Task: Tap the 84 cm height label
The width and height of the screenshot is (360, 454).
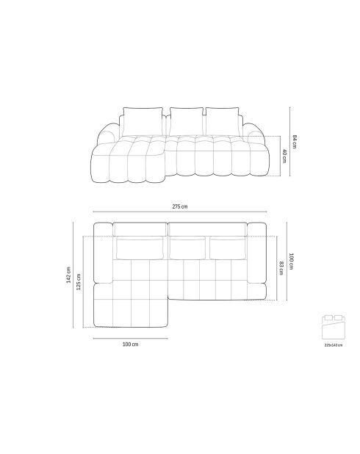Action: point(292,141)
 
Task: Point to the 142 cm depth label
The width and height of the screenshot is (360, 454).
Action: point(69,275)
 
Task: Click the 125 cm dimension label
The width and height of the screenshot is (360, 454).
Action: point(79,281)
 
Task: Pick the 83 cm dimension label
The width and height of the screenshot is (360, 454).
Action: point(281,267)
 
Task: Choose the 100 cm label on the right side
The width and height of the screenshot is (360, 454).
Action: point(291,260)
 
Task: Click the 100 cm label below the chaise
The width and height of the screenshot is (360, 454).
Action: point(130,344)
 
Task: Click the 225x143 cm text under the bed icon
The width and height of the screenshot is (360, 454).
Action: point(333,344)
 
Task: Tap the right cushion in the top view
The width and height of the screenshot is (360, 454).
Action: point(227,248)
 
